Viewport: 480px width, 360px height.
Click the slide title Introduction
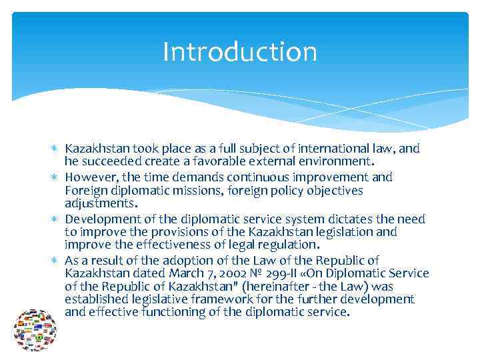pos(240,52)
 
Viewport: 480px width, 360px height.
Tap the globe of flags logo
pos(35,330)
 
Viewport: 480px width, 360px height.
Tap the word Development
pos(100,219)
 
